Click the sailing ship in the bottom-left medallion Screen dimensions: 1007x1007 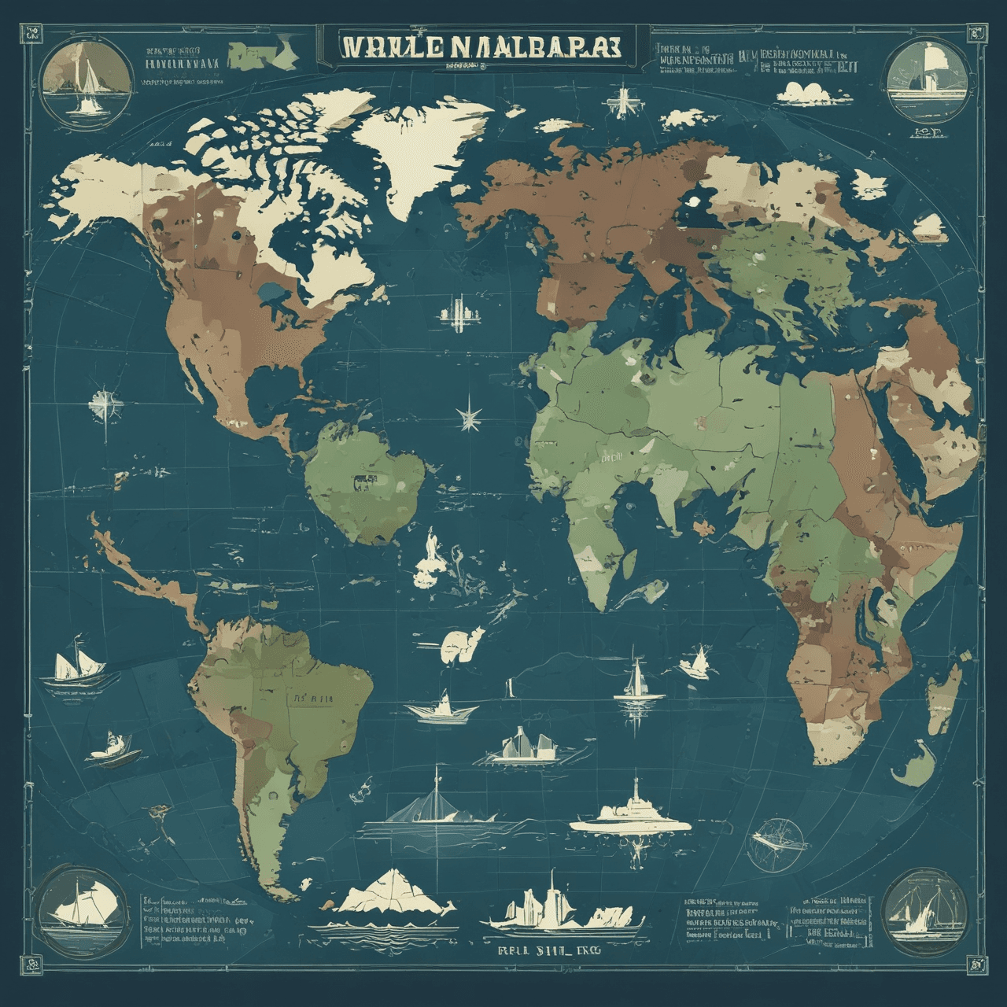click(x=77, y=905)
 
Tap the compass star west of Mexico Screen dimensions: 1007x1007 click(x=105, y=404)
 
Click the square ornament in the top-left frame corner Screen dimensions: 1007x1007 click(x=33, y=33)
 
